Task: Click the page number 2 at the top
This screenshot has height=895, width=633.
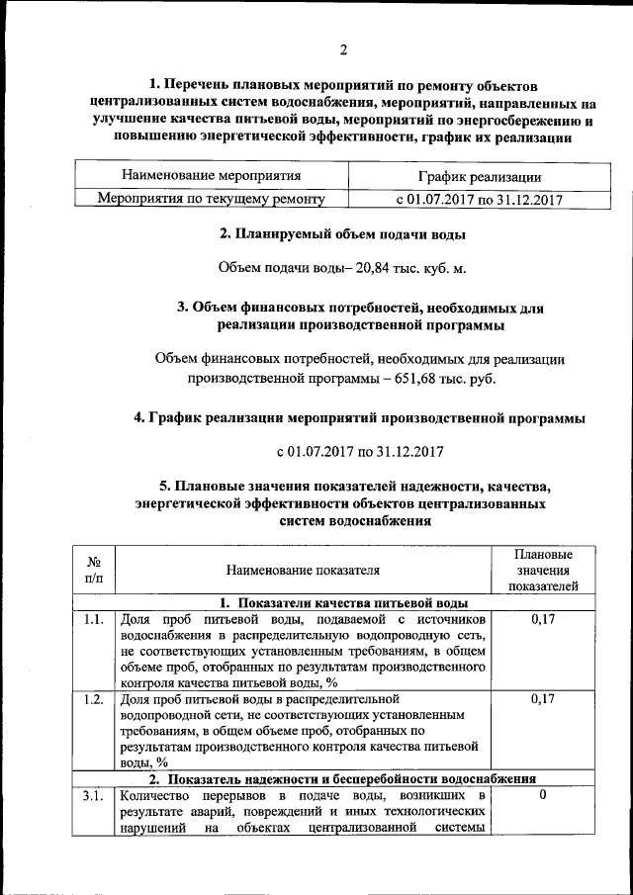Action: click(343, 50)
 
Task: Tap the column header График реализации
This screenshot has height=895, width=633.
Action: click(479, 177)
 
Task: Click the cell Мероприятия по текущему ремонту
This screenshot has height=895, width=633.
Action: click(211, 199)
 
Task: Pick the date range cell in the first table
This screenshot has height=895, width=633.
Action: click(479, 199)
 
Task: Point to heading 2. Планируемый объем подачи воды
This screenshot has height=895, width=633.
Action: click(342, 234)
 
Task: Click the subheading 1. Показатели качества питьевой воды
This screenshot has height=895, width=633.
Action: click(342, 602)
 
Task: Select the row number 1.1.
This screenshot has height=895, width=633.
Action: click(94, 620)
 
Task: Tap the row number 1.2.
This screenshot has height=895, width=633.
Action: click(94, 699)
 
